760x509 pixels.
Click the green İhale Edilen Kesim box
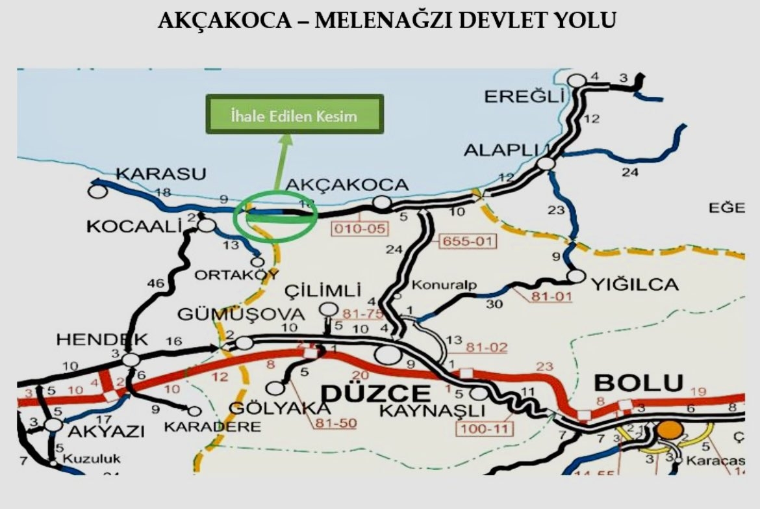click(x=294, y=114)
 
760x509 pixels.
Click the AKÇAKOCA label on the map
click(x=348, y=185)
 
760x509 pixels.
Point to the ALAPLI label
click(x=503, y=150)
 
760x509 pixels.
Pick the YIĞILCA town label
click(x=635, y=284)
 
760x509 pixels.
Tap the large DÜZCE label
click(x=376, y=393)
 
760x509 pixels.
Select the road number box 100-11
click(x=485, y=428)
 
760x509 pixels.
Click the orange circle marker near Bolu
click(x=670, y=430)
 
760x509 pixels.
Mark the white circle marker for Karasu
click(x=97, y=191)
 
